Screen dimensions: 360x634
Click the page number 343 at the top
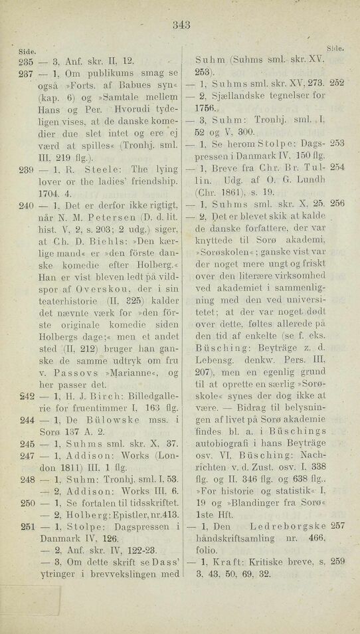181,27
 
